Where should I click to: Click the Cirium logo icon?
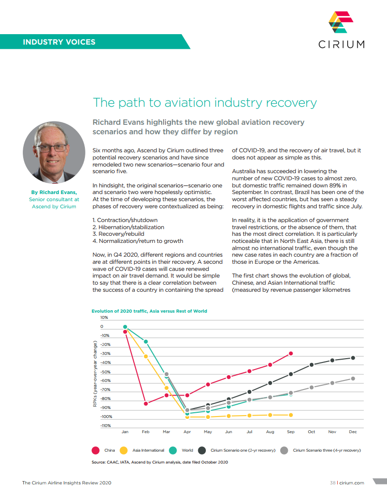(x=341, y=22)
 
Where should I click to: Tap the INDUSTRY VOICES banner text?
(x=59, y=42)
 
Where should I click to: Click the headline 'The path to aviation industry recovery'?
(x=204, y=102)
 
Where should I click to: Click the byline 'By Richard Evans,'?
(x=54, y=193)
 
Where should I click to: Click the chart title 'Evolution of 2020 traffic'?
(x=149, y=311)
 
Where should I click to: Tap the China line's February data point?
(x=146, y=404)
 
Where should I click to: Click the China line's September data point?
(x=291, y=353)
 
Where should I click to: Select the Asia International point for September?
(x=291, y=415)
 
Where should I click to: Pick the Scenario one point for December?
(x=353, y=358)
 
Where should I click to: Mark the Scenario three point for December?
(x=353, y=378)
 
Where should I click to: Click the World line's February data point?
(x=146, y=342)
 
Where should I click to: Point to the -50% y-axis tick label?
(x=105, y=371)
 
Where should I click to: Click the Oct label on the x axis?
(x=311, y=432)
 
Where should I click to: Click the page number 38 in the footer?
(x=332, y=483)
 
